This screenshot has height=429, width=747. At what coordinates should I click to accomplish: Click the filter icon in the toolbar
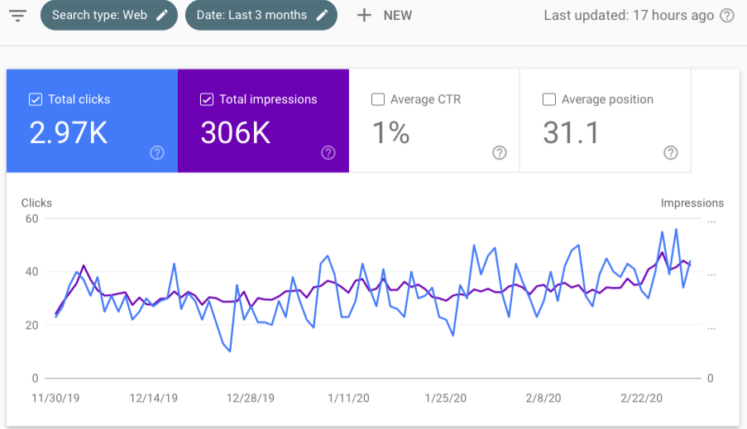point(18,16)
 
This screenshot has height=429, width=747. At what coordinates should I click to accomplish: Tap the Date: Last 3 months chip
point(261,16)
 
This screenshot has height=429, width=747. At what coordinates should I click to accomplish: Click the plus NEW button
point(384,16)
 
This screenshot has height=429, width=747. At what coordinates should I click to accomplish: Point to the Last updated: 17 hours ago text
point(629,16)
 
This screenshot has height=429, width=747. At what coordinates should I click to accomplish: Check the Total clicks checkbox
point(36,99)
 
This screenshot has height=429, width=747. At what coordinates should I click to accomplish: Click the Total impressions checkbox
point(207,99)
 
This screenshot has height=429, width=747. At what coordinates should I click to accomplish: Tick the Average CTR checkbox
point(378,99)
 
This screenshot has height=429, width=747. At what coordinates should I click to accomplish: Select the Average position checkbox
point(549,99)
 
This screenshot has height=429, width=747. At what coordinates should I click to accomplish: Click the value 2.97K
point(69,132)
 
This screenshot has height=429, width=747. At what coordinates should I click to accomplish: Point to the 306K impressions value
point(236,132)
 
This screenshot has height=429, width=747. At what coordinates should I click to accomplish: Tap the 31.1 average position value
point(570,132)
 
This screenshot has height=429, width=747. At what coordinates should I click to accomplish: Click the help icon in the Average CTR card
point(500,152)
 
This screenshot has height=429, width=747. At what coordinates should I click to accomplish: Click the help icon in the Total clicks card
point(157,152)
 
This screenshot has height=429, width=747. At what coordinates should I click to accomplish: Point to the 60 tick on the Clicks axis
point(32,219)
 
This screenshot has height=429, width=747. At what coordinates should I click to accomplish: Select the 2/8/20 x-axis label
point(543,398)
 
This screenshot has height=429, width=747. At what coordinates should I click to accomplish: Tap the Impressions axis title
point(692,203)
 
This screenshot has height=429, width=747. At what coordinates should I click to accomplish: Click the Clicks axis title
point(36,203)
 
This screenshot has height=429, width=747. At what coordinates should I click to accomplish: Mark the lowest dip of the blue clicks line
point(229,351)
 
